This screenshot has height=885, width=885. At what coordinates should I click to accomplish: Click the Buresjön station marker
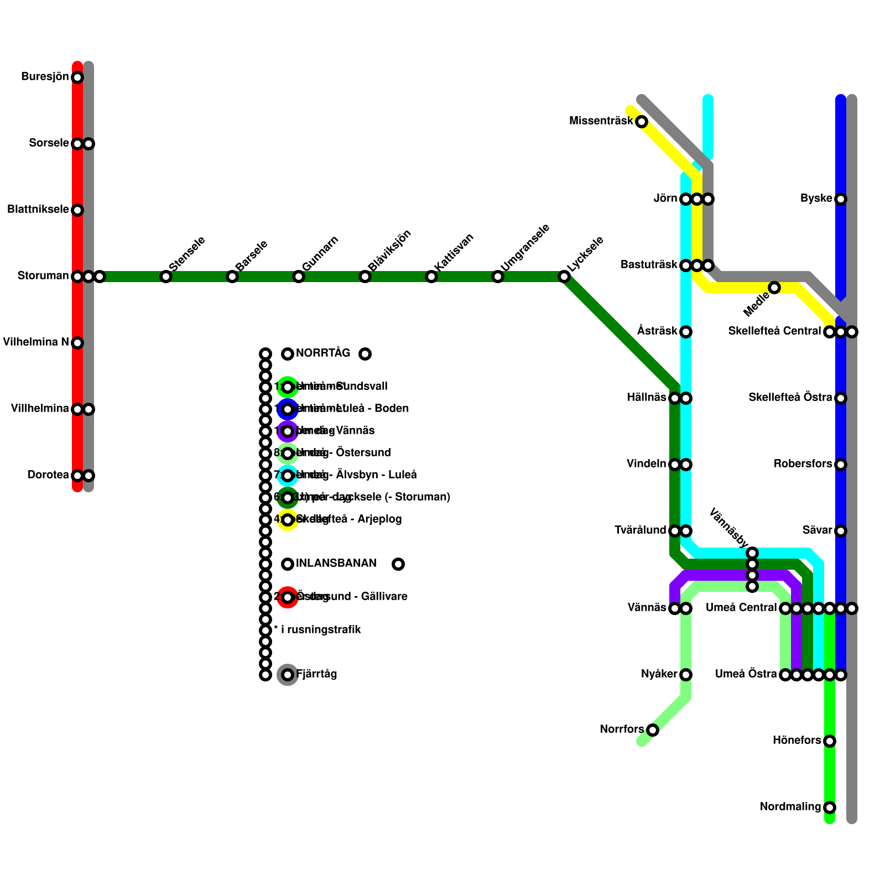tap(77, 77)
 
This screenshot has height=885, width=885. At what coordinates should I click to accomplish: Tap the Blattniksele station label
tap(38, 210)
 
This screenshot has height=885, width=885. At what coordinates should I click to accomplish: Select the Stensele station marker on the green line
tap(166, 277)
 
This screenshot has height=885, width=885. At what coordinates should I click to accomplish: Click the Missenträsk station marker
tap(642, 122)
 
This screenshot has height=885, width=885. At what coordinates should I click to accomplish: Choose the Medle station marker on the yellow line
tap(774, 288)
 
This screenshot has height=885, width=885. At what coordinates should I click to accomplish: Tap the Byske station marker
tap(841, 199)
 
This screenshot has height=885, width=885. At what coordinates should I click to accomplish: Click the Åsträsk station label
tap(657, 331)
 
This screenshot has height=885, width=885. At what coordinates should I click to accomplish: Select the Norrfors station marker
tap(653, 730)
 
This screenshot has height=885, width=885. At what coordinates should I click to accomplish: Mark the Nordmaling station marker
tap(830, 808)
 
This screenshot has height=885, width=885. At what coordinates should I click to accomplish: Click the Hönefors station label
tap(796, 741)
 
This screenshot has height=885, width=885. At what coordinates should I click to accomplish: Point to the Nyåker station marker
tap(686, 675)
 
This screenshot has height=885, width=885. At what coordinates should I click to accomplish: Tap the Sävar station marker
tap(841, 531)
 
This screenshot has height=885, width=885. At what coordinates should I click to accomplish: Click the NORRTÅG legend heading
tap(323, 353)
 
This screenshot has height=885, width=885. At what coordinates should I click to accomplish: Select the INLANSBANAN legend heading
tap(336, 564)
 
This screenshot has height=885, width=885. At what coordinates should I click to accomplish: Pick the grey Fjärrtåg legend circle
tap(288, 675)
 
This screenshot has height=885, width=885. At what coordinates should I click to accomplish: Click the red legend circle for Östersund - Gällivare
tap(288, 597)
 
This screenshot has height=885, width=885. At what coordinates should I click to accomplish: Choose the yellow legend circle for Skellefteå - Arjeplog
tap(288, 520)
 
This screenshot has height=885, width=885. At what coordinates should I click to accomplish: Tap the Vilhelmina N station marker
tap(77, 343)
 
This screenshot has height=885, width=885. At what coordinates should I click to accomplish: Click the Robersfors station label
tap(803, 464)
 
